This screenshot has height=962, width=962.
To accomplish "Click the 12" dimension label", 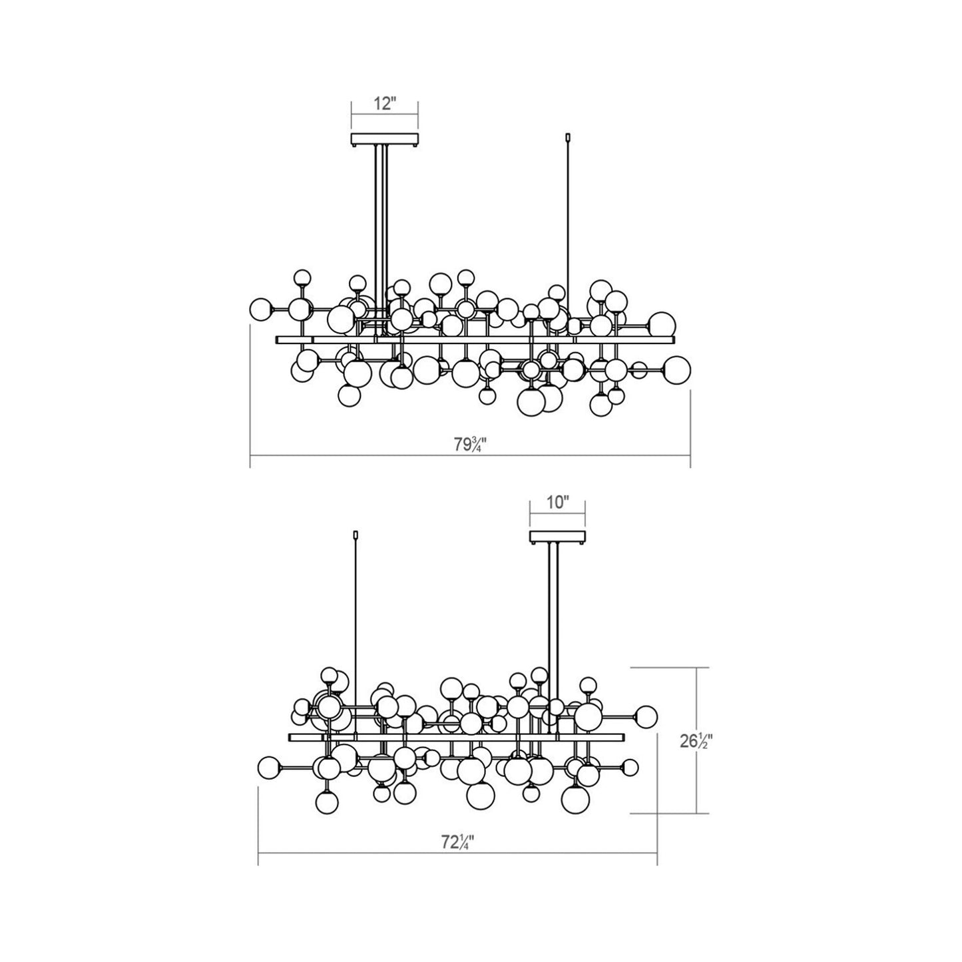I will (384, 105).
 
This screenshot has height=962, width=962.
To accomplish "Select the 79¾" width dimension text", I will (471, 445).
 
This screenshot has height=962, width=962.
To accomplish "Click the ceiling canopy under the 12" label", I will (384, 140).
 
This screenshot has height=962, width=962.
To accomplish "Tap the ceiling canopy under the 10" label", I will (557, 537).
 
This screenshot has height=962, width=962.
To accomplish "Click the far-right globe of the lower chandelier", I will (645, 716).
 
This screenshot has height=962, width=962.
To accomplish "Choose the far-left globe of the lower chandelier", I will (268, 768).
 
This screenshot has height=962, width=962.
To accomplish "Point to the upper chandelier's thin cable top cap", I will (567, 138).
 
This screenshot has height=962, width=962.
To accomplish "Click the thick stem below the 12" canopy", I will (381, 220).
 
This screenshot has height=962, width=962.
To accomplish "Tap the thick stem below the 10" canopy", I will (553, 612).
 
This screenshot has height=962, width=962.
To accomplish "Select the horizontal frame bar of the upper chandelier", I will (475, 340).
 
